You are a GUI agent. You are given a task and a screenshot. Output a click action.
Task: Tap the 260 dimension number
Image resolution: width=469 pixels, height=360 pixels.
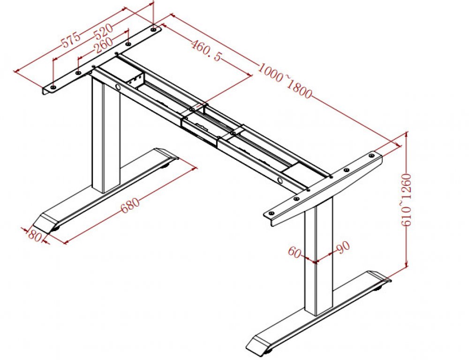[x=104, y=45]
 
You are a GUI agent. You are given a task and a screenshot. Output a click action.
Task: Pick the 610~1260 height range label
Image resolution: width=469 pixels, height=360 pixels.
[x=407, y=200]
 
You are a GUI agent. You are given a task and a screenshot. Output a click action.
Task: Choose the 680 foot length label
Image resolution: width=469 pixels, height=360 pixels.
[x=130, y=205]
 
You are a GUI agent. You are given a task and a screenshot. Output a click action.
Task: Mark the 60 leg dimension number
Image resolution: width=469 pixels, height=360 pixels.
[x=294, y=252]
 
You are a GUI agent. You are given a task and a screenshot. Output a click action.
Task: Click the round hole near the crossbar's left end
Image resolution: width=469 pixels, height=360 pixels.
[x=118, y=87]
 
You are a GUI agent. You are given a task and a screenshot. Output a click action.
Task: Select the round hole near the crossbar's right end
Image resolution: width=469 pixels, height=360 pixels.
[x=280, y=180]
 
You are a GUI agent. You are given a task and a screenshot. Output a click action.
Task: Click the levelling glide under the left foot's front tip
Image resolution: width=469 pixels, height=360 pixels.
[x=56, y=228]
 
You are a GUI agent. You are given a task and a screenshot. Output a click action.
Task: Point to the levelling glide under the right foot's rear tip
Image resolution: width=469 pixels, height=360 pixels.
[x=379, y=288]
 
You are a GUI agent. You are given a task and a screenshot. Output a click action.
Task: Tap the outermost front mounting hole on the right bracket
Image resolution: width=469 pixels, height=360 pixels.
[x=271, y=213]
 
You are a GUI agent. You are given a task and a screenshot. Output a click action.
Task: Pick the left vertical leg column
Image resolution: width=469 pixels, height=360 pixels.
[x=106, y=135]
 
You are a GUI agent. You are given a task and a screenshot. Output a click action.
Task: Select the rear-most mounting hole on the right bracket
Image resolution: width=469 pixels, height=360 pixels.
[x=371, y=156]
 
